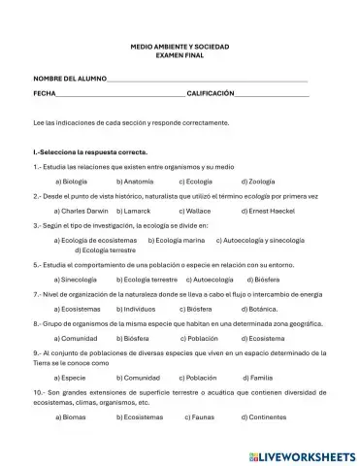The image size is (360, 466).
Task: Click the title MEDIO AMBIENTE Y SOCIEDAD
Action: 180,46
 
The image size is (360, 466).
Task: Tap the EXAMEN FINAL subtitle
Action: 180,55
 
